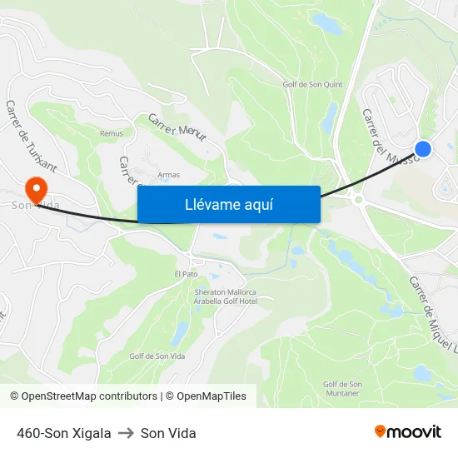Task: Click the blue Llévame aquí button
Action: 228,204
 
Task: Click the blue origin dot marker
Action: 423,149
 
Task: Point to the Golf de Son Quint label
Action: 312,84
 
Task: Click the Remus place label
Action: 111,133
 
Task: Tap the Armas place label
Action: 168,175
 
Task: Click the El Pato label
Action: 186,274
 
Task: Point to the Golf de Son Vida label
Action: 155,356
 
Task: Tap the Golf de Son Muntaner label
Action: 342,387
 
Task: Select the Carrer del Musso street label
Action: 385,132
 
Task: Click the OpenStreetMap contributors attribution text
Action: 87,396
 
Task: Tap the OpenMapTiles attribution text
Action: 211,396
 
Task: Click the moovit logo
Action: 407,432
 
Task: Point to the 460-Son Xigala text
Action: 63,433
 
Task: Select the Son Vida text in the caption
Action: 168,433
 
